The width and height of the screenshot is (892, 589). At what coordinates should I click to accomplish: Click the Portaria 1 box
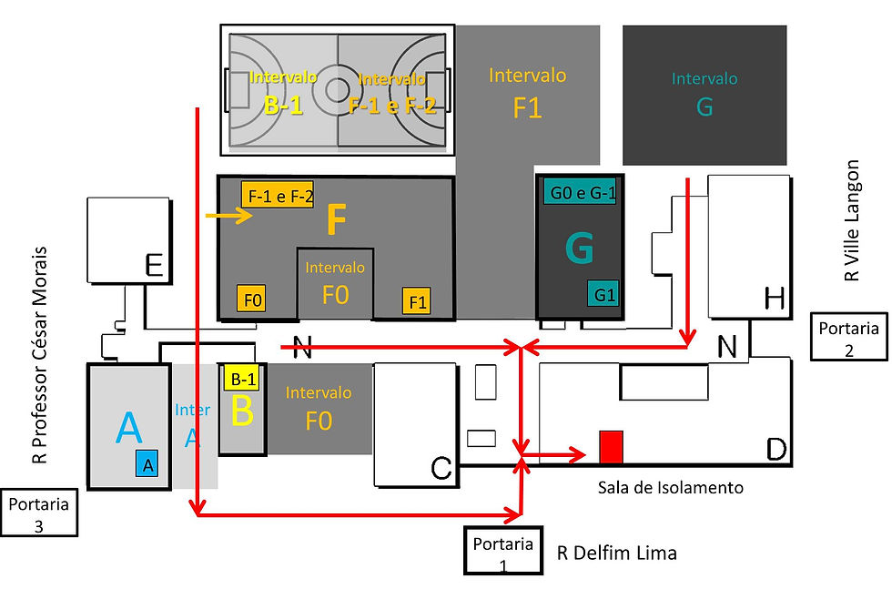(x=502, y=551)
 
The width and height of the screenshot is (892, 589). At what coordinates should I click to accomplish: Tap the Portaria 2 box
(x=848, y=337)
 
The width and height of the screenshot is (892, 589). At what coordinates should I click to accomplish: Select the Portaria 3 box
(x=40, y=513)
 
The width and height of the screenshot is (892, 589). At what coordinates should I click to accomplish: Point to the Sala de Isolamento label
(x=670, y=488)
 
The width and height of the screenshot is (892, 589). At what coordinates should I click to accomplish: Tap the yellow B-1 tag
(x=241, y=378)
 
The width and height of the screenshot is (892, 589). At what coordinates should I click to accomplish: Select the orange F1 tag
(x=417, y=301)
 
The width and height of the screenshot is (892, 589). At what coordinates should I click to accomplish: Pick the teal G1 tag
(x=603, y=295)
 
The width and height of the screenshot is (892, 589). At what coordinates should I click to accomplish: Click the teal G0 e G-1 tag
(x=580, y=193)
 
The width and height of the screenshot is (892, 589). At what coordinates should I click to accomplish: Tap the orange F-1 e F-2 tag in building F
(x=280, y=196)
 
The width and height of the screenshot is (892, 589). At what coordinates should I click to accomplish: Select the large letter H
(x=775, y=298)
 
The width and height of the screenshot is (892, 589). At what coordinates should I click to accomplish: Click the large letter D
(x=776, y=449)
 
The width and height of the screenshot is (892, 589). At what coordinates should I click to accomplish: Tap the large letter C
(x=441, y=468)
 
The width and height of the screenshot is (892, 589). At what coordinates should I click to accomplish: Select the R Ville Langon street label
(x=853, y=220)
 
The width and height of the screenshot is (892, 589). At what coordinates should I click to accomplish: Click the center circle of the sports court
(x=337, y=89)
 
